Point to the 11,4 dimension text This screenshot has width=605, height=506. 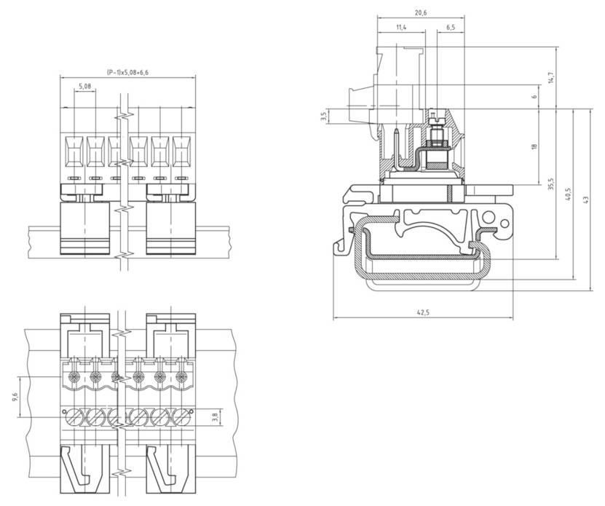pos(401,27)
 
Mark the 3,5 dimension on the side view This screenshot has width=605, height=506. pos(323,116)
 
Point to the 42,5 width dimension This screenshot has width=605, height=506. pos(422,312)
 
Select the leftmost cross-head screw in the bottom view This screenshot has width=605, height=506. pos(75,377)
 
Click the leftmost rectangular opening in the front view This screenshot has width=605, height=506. pos(75,151)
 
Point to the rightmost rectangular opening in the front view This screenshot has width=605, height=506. pos(181,151)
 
